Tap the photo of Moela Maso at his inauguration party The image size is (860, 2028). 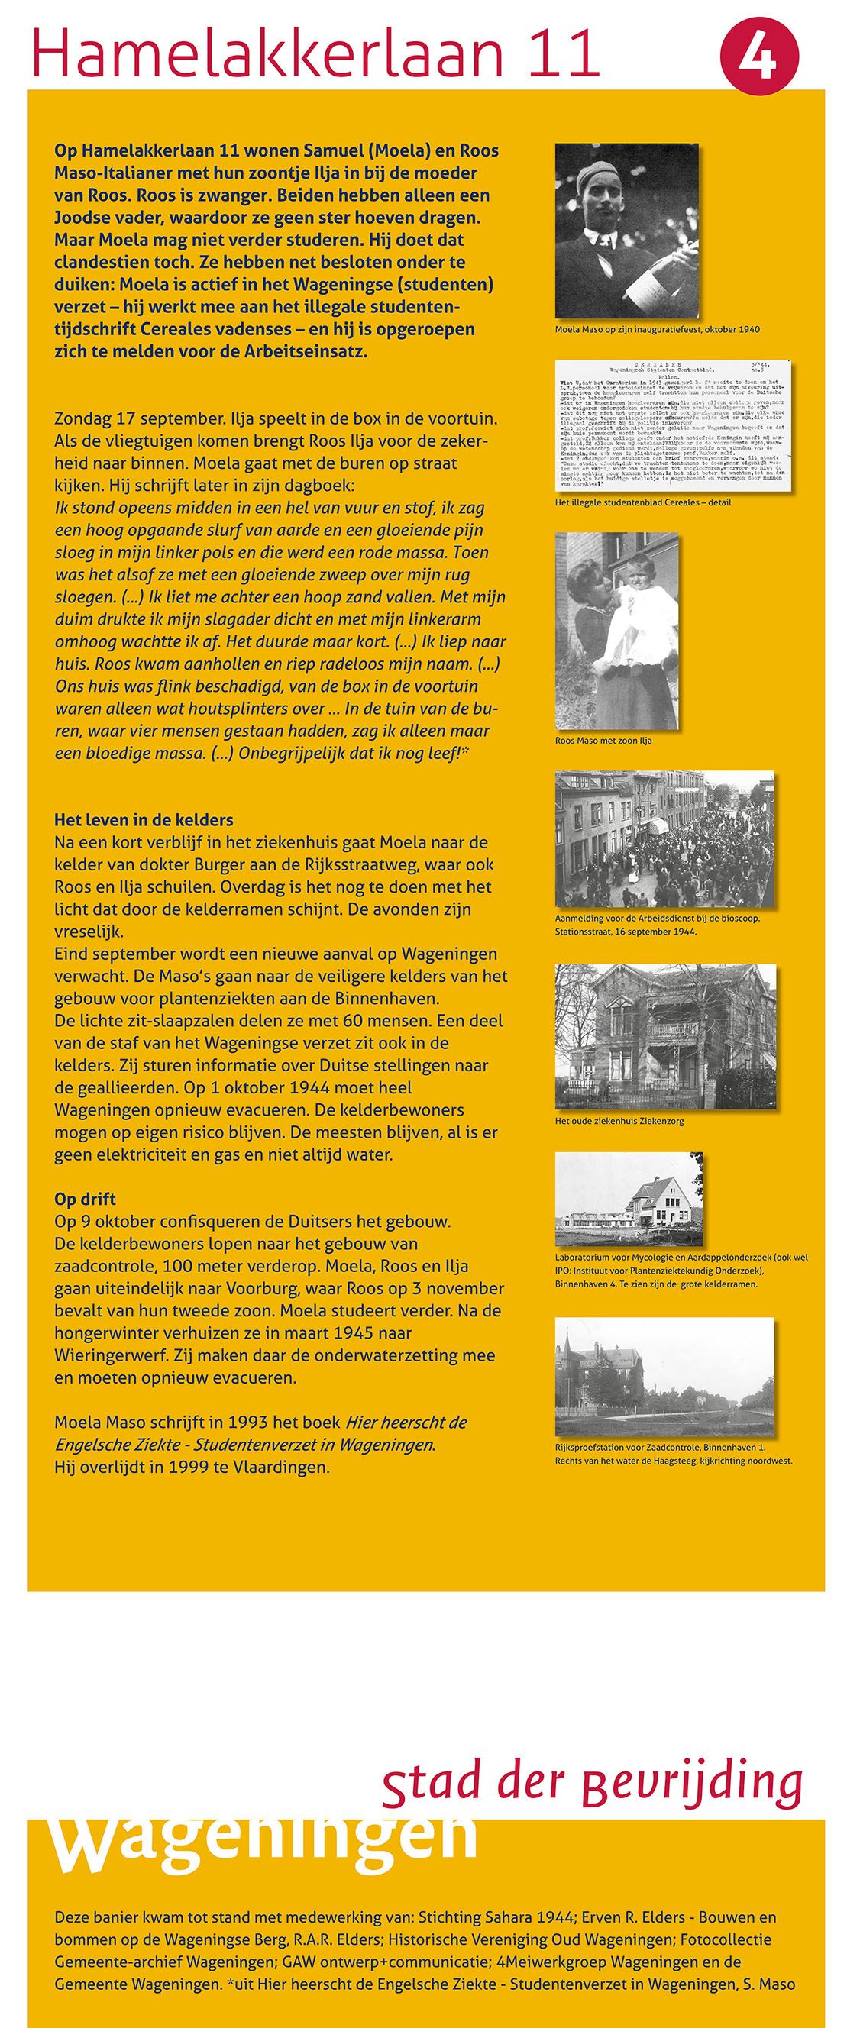pos(627,231)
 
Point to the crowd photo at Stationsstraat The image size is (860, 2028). pos(664,838)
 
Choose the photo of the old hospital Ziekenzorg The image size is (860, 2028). pos(665,1032)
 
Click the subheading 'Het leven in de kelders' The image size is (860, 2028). pos(144,819)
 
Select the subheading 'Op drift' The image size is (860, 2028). pos(85,1199)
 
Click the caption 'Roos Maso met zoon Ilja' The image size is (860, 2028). pos(603,740)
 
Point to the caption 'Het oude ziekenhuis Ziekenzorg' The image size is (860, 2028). pos(619,1120)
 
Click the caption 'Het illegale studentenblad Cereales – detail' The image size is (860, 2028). pos(642,502)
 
